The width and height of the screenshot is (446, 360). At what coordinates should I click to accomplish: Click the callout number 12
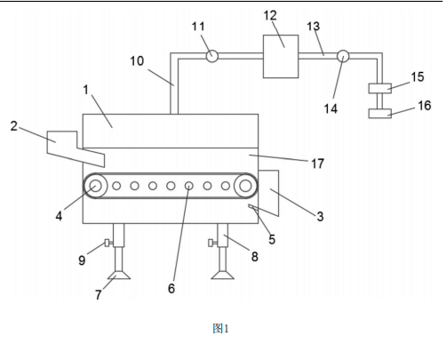pos(270,15)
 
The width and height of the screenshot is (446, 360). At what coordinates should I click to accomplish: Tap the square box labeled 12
pos(281,56)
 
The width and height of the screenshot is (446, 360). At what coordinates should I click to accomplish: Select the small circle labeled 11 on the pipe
pos(211,56)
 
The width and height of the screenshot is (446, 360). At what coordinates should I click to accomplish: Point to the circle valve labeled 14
pos(343,56)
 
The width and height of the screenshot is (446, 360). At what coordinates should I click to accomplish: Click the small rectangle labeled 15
pos(380,88)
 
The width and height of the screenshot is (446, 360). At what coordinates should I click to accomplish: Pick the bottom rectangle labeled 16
pos(380,114)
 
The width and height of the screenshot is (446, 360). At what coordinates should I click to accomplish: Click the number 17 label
pos(317,164)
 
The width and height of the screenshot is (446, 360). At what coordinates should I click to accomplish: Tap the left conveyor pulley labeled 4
pos(95,186)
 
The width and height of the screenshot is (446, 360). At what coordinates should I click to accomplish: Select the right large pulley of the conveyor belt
pos(245,186)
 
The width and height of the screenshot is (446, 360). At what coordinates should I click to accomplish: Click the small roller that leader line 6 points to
pos(189,186)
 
